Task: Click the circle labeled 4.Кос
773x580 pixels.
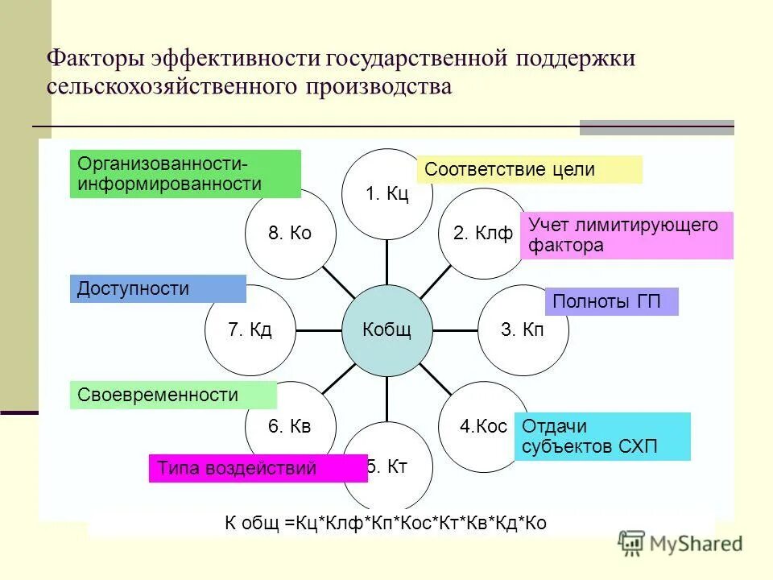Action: click(482, 426)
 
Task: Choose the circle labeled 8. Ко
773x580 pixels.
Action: click(290, 234)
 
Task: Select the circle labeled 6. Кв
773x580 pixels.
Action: click(290, 426)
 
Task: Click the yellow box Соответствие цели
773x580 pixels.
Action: click(529, 170)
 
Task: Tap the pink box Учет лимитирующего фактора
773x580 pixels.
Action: click(626, 235)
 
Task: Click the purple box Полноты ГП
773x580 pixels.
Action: click(612, 301)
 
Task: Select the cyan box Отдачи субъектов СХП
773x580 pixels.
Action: click(602, 437)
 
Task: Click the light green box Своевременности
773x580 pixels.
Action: click(173, 395)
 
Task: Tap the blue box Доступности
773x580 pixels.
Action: click(158, 289)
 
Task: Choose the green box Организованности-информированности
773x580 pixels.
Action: click(185, 174)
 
